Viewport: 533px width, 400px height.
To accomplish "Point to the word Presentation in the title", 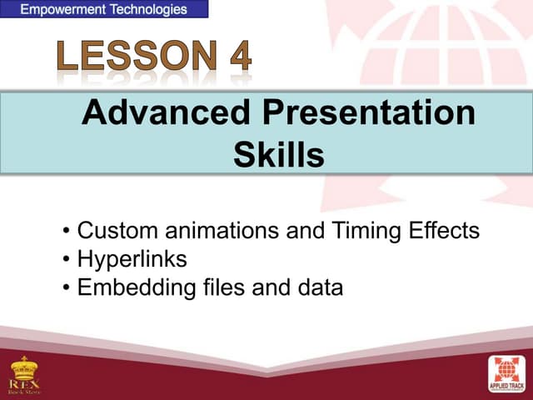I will point(370,114).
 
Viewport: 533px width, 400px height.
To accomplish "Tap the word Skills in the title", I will point(278,154).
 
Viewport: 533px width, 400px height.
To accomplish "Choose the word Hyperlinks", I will point(132,259).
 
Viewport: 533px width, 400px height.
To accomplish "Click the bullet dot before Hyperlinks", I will point(67,260).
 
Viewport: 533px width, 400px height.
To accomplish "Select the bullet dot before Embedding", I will point(67,288).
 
